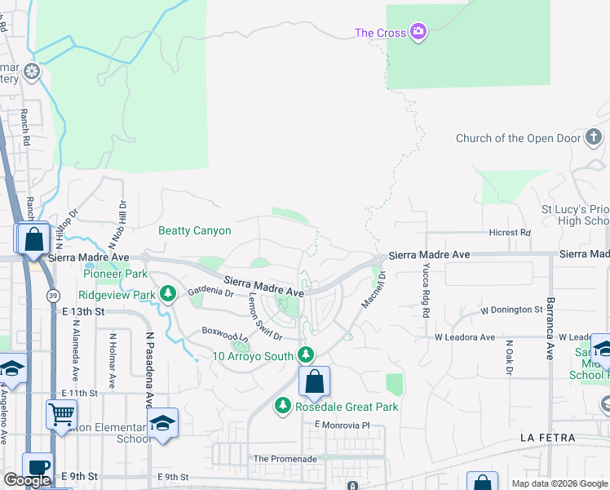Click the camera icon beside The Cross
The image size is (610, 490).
(x=418, y=32)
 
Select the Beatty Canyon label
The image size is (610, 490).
(x=194, y=231)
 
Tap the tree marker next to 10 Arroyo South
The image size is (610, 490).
(x=306, y=355)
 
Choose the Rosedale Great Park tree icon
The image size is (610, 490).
(x=283, y=406)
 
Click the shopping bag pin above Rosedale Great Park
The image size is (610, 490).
(x=314, y=381)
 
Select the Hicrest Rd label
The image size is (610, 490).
(x=510, y=233)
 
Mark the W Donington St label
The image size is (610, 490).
(x=511, y=310)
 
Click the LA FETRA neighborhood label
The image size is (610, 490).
(x=548, y=439)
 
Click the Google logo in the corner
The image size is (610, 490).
(x=28, y=480)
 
